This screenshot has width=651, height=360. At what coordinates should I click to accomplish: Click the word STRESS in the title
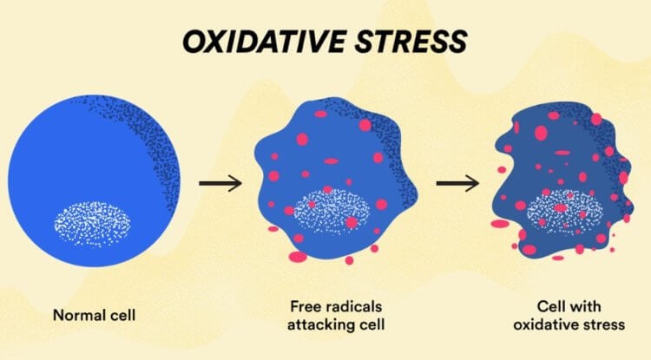pyautogui.click(x=411, y=41)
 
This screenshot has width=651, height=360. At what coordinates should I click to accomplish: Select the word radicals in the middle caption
pyautogui.click(x=353, y=306)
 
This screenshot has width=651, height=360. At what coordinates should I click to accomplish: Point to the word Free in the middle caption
pyautogui.click(x=306, y=306)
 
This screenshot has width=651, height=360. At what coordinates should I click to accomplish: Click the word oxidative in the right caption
pyautogui.click(x=542, y=324)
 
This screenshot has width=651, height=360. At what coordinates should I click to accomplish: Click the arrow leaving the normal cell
pyautogui.click(x=220, y=183)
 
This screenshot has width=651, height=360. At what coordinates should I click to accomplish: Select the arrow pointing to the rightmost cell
pyautogui.click(x=457, y=183)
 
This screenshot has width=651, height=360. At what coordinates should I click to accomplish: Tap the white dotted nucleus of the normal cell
pyautogui.click(x=92, y=225)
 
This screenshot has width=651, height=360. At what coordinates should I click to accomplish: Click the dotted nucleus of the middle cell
pyautogui.click(x=332, y=211)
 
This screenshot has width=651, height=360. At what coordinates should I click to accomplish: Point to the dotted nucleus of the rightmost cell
pyautogui.click(x=564, y=212)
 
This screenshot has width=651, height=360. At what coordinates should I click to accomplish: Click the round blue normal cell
pyautogui.click(x=94, y=180)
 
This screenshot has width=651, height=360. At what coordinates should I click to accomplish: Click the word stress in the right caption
pyautogui.click(x=601, y=324)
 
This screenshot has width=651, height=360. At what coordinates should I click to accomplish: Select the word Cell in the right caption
pyautogui.click(x=551, y=306)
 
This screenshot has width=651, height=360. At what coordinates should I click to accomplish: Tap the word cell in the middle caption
pyautogui.click(x=369, y=324)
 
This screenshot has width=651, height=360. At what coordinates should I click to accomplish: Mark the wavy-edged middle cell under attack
pyautogui.click(x=335, y=180)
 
